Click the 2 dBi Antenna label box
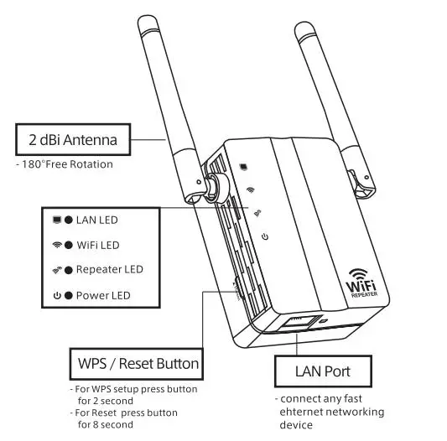tap(75, 139)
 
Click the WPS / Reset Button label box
tap(134, 364)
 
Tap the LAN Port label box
tap(322, 371)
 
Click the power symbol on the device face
tap(264, 237)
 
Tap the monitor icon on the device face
tap(242, 165)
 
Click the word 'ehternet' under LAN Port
tap(303, 412)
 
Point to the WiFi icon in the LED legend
tap(57, 245)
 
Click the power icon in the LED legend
tap(56, 295)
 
